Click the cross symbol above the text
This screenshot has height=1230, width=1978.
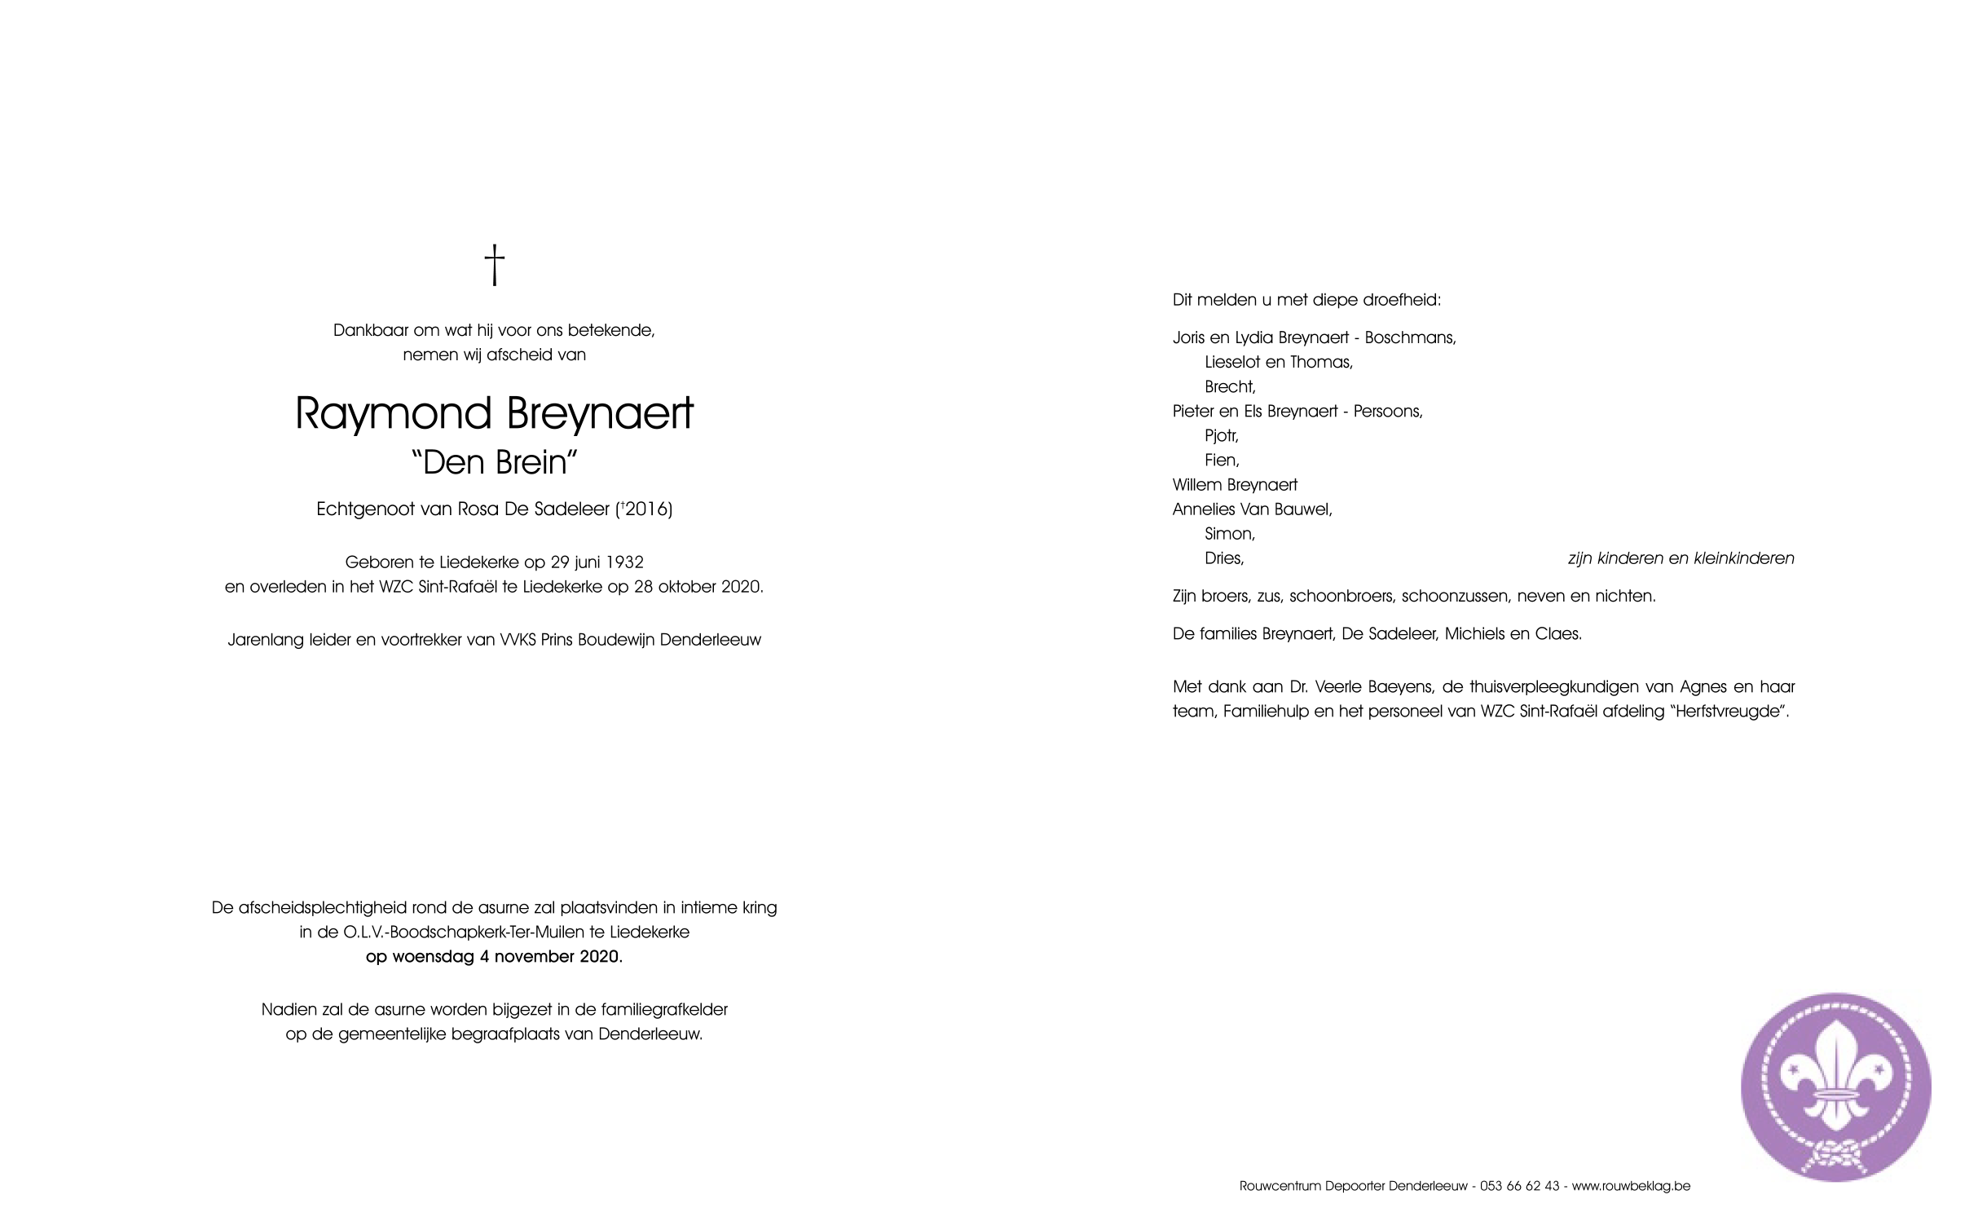click(x=494, y=266)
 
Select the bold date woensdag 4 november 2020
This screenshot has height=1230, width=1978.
click(x=494, y=956)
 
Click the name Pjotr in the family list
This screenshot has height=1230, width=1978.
click(x=1221, y=436)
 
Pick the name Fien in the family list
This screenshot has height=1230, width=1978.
click(x=1221, y=461)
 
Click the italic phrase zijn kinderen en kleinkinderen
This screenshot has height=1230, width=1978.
click(x=1681, y=558)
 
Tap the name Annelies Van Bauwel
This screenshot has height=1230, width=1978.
click(x=1251, y=509)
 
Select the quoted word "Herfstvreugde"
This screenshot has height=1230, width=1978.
click(x=1729, y=711)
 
